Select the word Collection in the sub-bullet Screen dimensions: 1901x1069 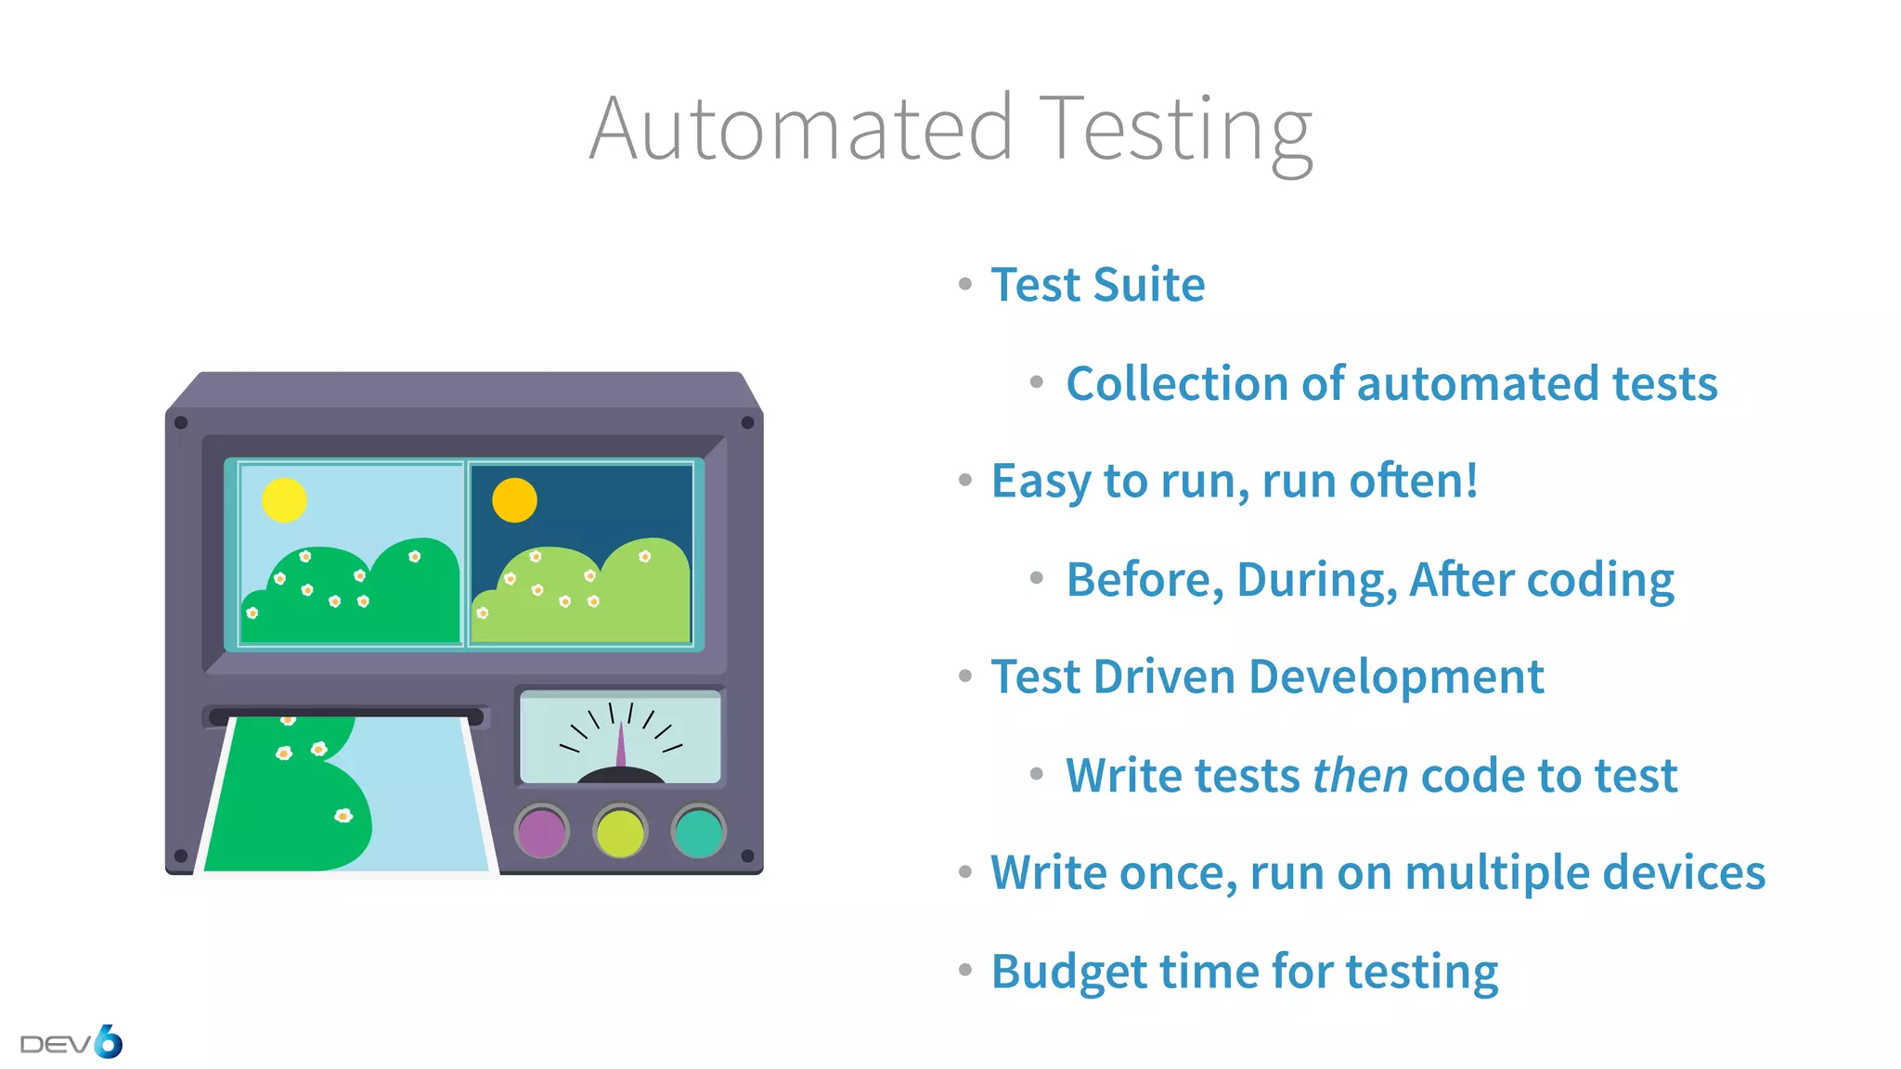click(x=1175, y=383)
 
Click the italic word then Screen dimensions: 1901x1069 click(x=1360, y=776)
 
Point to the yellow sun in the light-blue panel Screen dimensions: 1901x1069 click(x=284, y=500)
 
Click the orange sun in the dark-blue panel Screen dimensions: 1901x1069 click(x=514, y=500)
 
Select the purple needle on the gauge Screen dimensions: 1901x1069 click(x=621, y=747)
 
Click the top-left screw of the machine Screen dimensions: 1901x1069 click(x=181, y=423)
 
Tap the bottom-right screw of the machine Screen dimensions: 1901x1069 click(x=747, y=856)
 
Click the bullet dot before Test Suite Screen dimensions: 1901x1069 click(x=965, y=284)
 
